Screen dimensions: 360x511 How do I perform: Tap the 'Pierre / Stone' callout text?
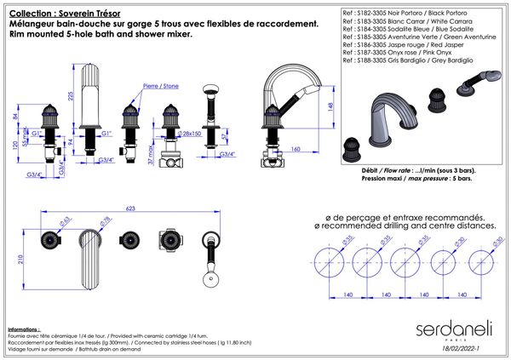[x=160, y=86]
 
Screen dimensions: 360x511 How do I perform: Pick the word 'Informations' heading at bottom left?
[x=23, y=328]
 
